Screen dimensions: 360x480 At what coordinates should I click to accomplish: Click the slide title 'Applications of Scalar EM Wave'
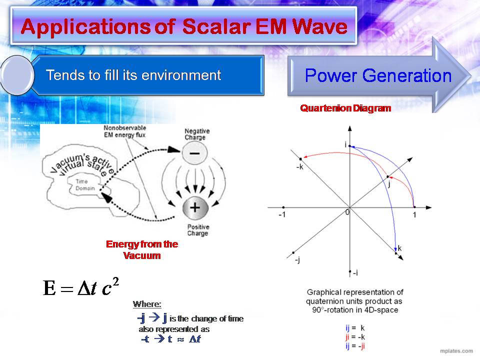click(x=184, y=26)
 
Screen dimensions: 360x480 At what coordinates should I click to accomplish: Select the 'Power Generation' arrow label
click(x=377, y=75)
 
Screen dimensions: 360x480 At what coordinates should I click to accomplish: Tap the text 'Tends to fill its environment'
click(x=133, y=75)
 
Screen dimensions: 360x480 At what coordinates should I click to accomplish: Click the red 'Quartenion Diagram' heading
click(x=345, y=108)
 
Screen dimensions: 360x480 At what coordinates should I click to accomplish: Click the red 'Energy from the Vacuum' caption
click(x=142, y=249)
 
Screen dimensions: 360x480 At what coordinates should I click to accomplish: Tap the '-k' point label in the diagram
click(x=299, y=166)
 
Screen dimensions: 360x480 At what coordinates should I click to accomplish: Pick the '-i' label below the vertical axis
click(x=355, y=272)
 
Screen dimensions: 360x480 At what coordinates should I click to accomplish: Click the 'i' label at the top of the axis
click(x=345, y=144)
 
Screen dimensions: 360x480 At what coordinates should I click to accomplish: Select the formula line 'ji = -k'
click(x=355, y=336)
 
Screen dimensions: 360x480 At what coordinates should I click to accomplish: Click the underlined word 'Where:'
click(x=147, y=304)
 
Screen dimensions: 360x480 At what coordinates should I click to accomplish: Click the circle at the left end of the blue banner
click(x=17, y=75)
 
